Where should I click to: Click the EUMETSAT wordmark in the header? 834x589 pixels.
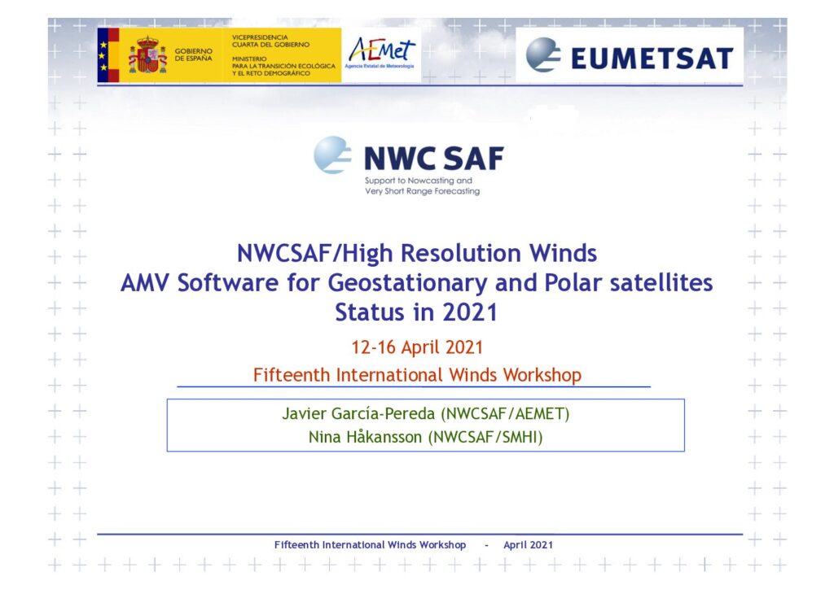pos(652,58)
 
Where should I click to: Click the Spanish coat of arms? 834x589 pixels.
pos(147,55)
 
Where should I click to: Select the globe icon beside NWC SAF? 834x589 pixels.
pos(332,155)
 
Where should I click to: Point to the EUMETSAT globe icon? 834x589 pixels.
pos(543,55)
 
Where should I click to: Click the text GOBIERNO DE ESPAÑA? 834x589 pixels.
pos(194,55)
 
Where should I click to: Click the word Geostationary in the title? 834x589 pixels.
pos(407,283)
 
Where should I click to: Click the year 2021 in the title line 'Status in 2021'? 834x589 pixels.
pos(470,312)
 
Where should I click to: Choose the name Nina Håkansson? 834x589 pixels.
pos(365,437)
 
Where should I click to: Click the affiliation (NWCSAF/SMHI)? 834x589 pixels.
pos(485,437)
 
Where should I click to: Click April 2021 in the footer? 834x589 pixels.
pos(528,545)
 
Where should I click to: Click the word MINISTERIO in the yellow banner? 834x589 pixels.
pos(249,59)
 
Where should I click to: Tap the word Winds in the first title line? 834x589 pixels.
pos(563,253)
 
